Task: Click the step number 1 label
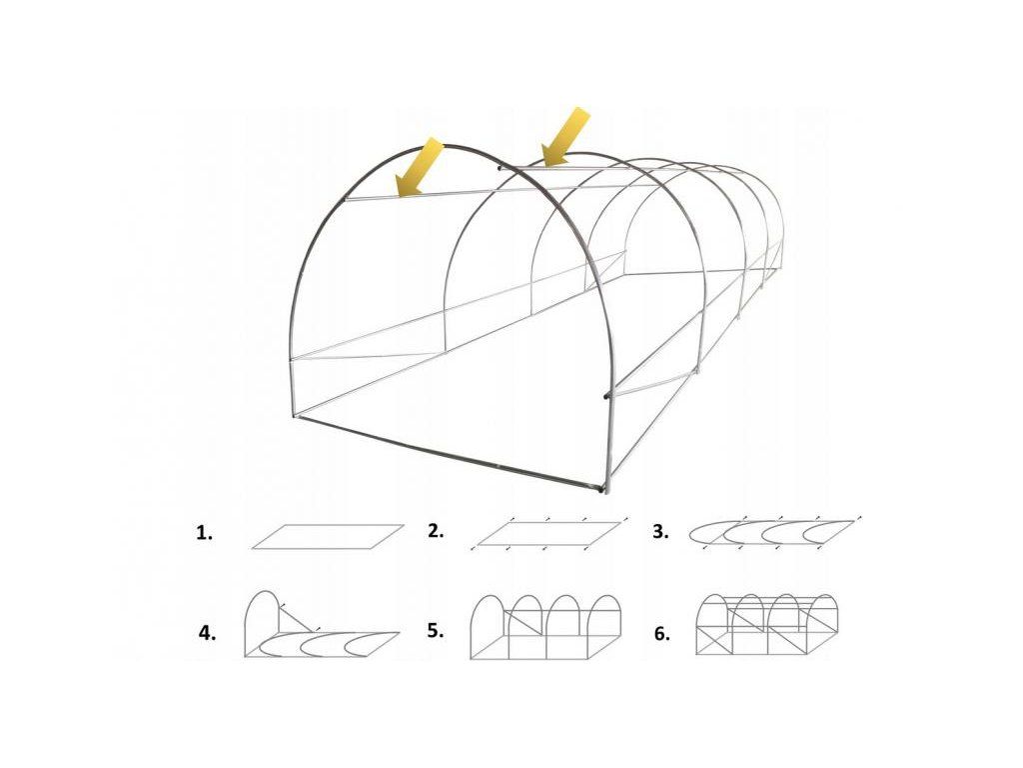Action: click(204, 533)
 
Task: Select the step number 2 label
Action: click(436, 531)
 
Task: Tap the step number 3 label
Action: click(661, 532)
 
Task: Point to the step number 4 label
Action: click(207, 633)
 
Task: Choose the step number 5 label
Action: click(436, 631)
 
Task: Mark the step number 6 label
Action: click(661, 633)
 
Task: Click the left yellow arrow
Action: click(420, 167)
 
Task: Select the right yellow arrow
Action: click(565, 136)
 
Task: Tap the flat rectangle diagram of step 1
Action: click(328, 536)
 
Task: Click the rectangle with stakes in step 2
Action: click(548, 533)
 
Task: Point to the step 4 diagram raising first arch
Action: click(322, 624)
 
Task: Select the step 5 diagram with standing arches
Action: click(545, 627)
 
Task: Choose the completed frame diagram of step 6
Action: click(766, 624)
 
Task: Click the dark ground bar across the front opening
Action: click(448, 452)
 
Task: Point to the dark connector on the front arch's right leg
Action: click(607, 394)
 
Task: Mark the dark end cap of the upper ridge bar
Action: click(500, 168)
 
